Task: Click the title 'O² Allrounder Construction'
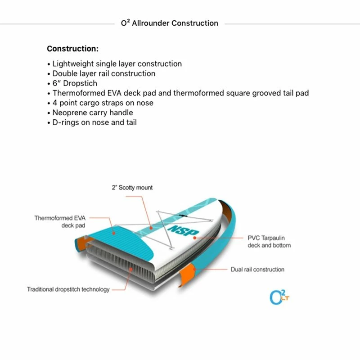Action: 170,23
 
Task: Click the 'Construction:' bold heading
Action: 72,49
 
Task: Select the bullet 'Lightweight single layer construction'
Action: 117,64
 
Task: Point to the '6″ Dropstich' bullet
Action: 75,83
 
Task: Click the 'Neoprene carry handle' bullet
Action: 93,112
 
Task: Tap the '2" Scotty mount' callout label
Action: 132,188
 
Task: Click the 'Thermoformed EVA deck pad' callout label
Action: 60,221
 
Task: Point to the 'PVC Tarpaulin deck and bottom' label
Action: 269,241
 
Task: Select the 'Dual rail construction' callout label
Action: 257,270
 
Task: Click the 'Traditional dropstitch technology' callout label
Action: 68,289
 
